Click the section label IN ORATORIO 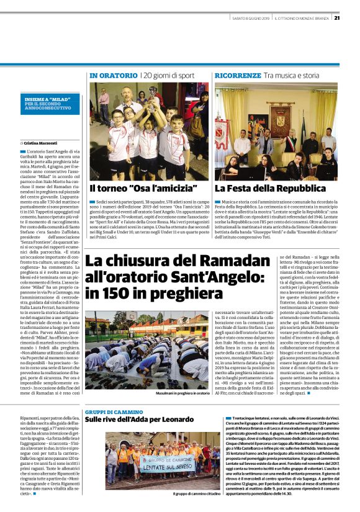click(113, 76)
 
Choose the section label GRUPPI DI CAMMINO click(114, 412)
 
